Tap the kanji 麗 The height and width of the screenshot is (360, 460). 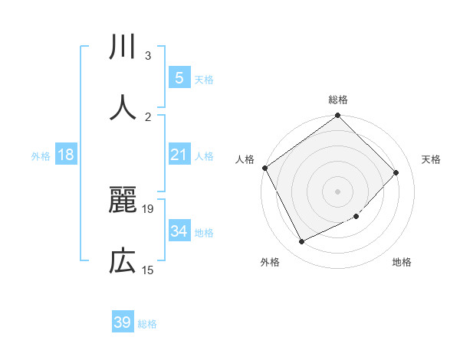pyautogui.click(x=123, y=201)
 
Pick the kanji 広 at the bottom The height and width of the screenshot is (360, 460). pyautogui.click(x=123, y=261)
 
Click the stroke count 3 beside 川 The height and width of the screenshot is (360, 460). pyautogui.click(x=148, y=56)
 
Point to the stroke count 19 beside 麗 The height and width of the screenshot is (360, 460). pyautogui.click(x=149, y=208)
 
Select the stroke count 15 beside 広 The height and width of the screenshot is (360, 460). pyautogui.click(x=148, y=270)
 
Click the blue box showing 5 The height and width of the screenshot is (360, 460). pyautogui.click(x=179, y=77)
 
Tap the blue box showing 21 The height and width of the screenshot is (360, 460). pyautogui.click(x=179, y=155)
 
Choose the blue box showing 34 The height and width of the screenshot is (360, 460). pyautogui.click(x=179, y=231)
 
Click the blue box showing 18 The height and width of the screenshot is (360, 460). pyautogui.click(x=66, y=155)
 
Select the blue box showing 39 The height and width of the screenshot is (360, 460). pyautogui.click(x=123, y=322)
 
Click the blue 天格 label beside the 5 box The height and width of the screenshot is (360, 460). pyautogui.click(x=204, y=79)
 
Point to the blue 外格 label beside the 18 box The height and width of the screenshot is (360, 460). pyautogui.click(x=41, y=155)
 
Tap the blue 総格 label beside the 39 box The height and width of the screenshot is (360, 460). pyautogui.click(x=147, y=324)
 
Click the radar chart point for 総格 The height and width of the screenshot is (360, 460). pyautogui.click(x=337, y=116)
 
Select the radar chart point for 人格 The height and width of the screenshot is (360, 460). pyautogui.click(x=264, y=168)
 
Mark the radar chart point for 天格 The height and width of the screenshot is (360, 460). pyautogui.click(x=396, y=172)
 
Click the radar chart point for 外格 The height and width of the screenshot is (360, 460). pyautogui.click(x=301, y=242)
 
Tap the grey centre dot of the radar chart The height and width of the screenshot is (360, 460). pyautogui.click(x=337, y=191)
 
